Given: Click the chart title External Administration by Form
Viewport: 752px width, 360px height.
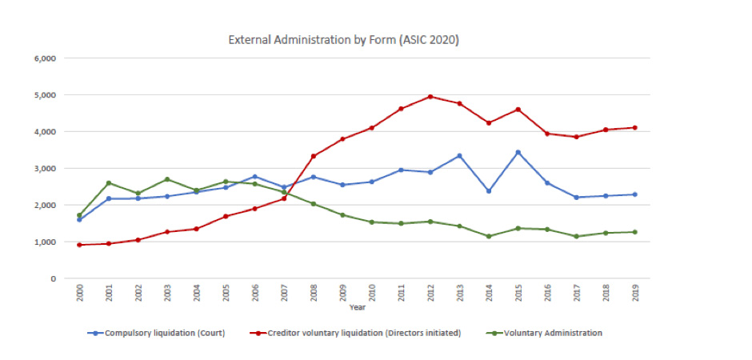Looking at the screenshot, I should [x=344, y=38].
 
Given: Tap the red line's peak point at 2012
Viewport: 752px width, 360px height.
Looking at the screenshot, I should [x=430, y=97].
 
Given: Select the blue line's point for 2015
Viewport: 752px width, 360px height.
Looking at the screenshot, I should [x=518, y=152].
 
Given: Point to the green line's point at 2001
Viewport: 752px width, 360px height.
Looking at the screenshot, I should [x=109, y=183].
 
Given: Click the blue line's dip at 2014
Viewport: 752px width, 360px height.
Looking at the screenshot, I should [x=489, y=191].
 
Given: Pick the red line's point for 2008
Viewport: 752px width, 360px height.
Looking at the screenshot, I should [x=314, y=156].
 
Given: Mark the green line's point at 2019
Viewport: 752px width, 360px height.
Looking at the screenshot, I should [x=635, y=232].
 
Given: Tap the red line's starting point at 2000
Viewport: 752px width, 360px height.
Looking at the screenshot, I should [x=79, y=245].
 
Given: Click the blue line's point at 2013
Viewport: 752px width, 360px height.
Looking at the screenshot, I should [x=459, y=155].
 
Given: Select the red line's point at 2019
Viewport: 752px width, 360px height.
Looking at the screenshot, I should [x=635, y=127].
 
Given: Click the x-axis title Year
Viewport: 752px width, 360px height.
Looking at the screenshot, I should [x=357, y=306].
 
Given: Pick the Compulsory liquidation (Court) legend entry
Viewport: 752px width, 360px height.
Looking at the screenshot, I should [x=158, y=332].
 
